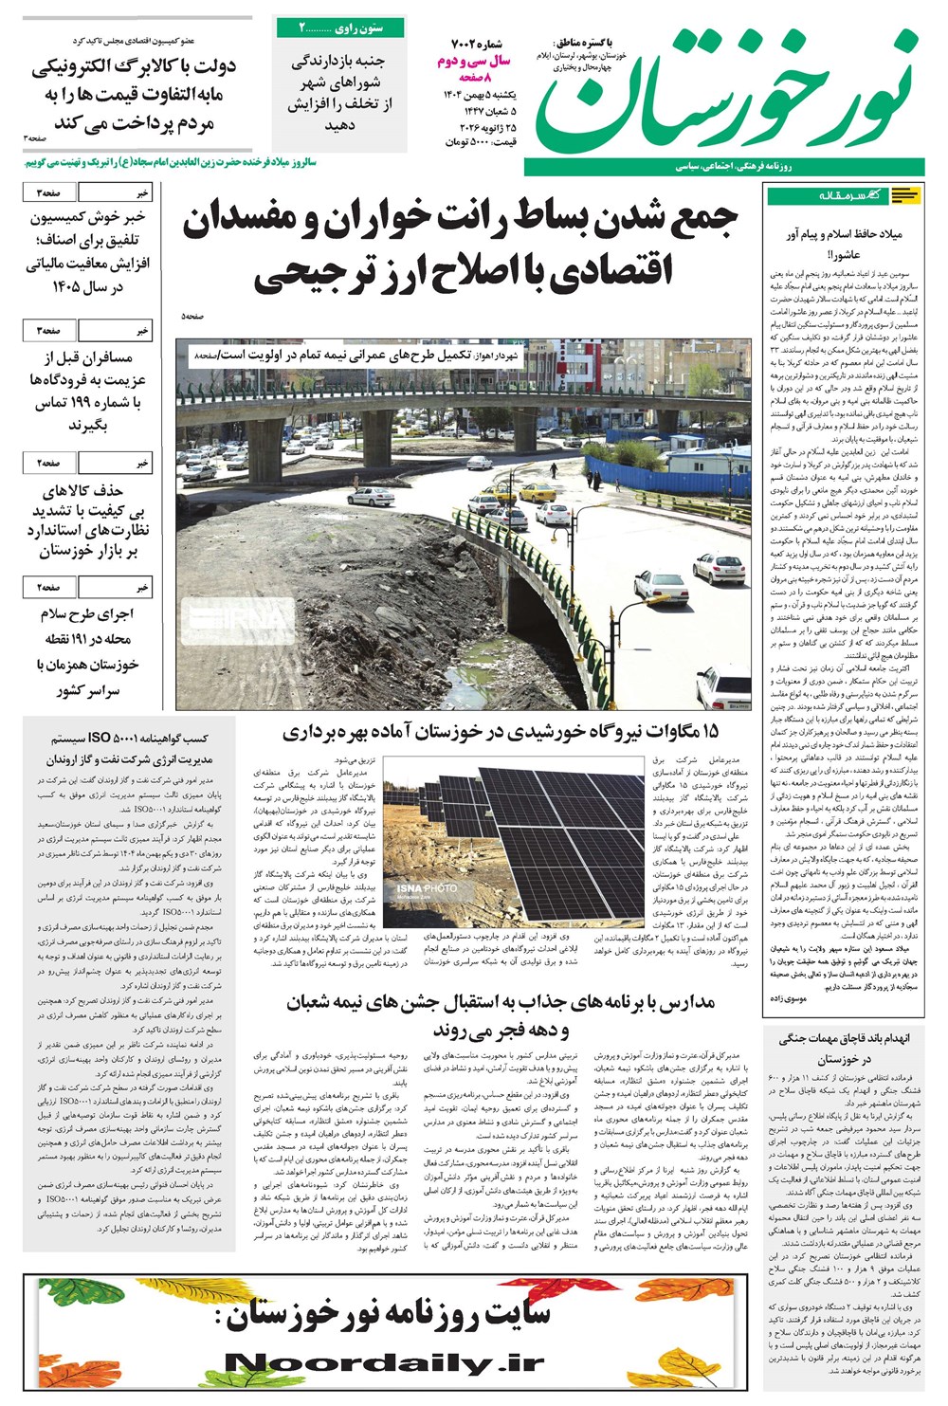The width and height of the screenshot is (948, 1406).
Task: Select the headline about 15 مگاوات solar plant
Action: (500, 732)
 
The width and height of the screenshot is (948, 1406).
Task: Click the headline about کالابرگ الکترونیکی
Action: (134, 95)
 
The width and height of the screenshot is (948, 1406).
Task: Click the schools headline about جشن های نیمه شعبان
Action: (500, 1015)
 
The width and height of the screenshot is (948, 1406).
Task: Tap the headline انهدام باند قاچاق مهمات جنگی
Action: (842, 1048)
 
